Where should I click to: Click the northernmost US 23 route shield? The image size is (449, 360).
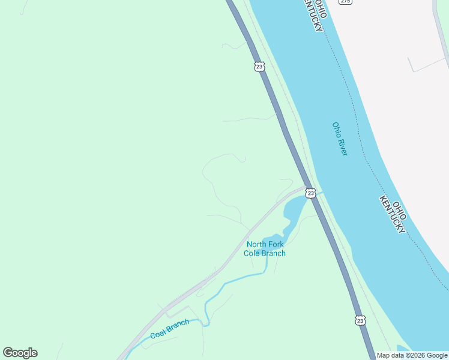point(259,67)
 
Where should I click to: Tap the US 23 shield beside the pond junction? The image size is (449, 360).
point(310,193)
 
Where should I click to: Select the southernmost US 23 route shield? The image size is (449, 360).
point(360,321)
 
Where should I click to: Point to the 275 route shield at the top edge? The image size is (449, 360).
point(345,2)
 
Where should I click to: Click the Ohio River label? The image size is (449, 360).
point(340,139)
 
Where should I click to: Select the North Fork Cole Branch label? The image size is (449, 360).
point(265,248)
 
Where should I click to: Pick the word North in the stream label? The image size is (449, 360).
point(256,244)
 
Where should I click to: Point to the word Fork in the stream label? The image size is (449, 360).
point(276,244)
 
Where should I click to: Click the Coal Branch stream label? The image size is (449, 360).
point(169,329)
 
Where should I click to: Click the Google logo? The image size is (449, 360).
point(20,353)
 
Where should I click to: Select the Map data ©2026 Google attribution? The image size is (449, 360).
point(412,355)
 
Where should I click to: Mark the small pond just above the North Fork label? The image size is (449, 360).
point(274,237)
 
